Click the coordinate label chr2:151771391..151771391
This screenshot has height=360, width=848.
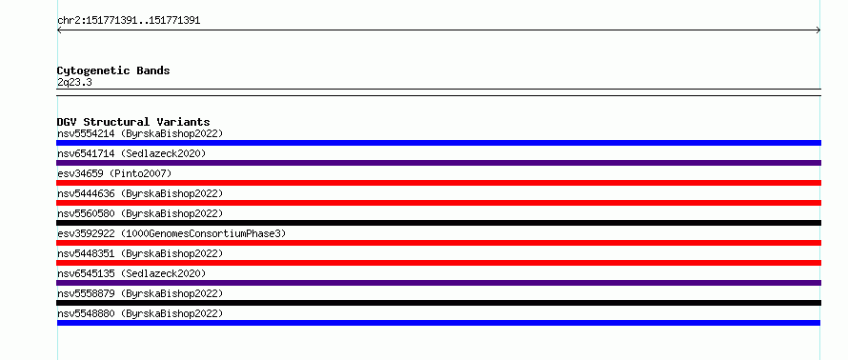[x=129, y=21]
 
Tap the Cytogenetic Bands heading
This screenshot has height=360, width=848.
[x=113, y=70]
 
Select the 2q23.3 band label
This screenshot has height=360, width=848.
[x=74, y=82]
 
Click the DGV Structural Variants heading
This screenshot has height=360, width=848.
[x=133, y=122]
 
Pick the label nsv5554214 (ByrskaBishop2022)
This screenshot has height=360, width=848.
[x=140, y=133]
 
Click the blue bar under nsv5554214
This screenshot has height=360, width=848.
[x=438, y=143]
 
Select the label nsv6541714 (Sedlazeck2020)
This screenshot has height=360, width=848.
[x=131, y=153]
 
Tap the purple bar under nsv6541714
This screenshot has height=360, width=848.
[x=438, y=163]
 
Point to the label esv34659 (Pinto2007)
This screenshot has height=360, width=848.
[x=114, y=173]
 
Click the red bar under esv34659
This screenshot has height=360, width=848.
[x=438, y=183]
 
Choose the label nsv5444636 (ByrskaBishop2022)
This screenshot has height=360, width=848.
[x=140, y=193]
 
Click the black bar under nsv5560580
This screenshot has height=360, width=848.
[x=438, y=223]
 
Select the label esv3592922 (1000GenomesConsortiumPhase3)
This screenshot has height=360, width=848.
[x=172, y=233]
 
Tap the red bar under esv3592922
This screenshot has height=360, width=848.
[x=438, y=243]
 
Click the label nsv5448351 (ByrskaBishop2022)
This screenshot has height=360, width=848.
[x=140, y=253]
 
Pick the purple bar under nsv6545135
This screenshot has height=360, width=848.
[x=438, y=283]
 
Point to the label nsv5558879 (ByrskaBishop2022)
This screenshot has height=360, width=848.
[x=140, y=293]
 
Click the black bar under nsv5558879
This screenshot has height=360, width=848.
[x=438, y=303]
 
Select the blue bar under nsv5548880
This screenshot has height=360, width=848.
[x=438, y=323]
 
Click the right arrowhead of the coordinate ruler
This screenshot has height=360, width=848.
[x=819, y=30]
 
